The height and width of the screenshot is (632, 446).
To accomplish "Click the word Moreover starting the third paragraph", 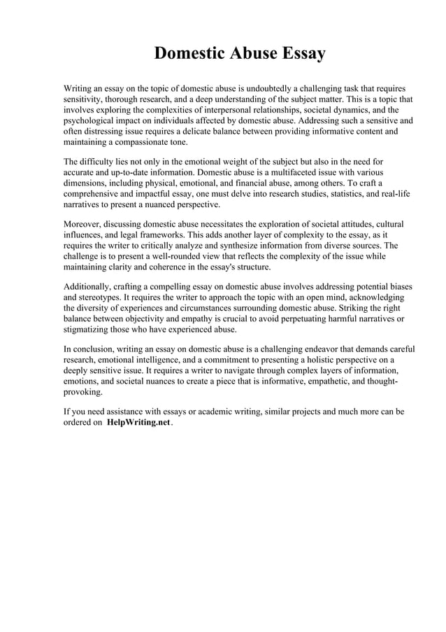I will click(83, 225).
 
